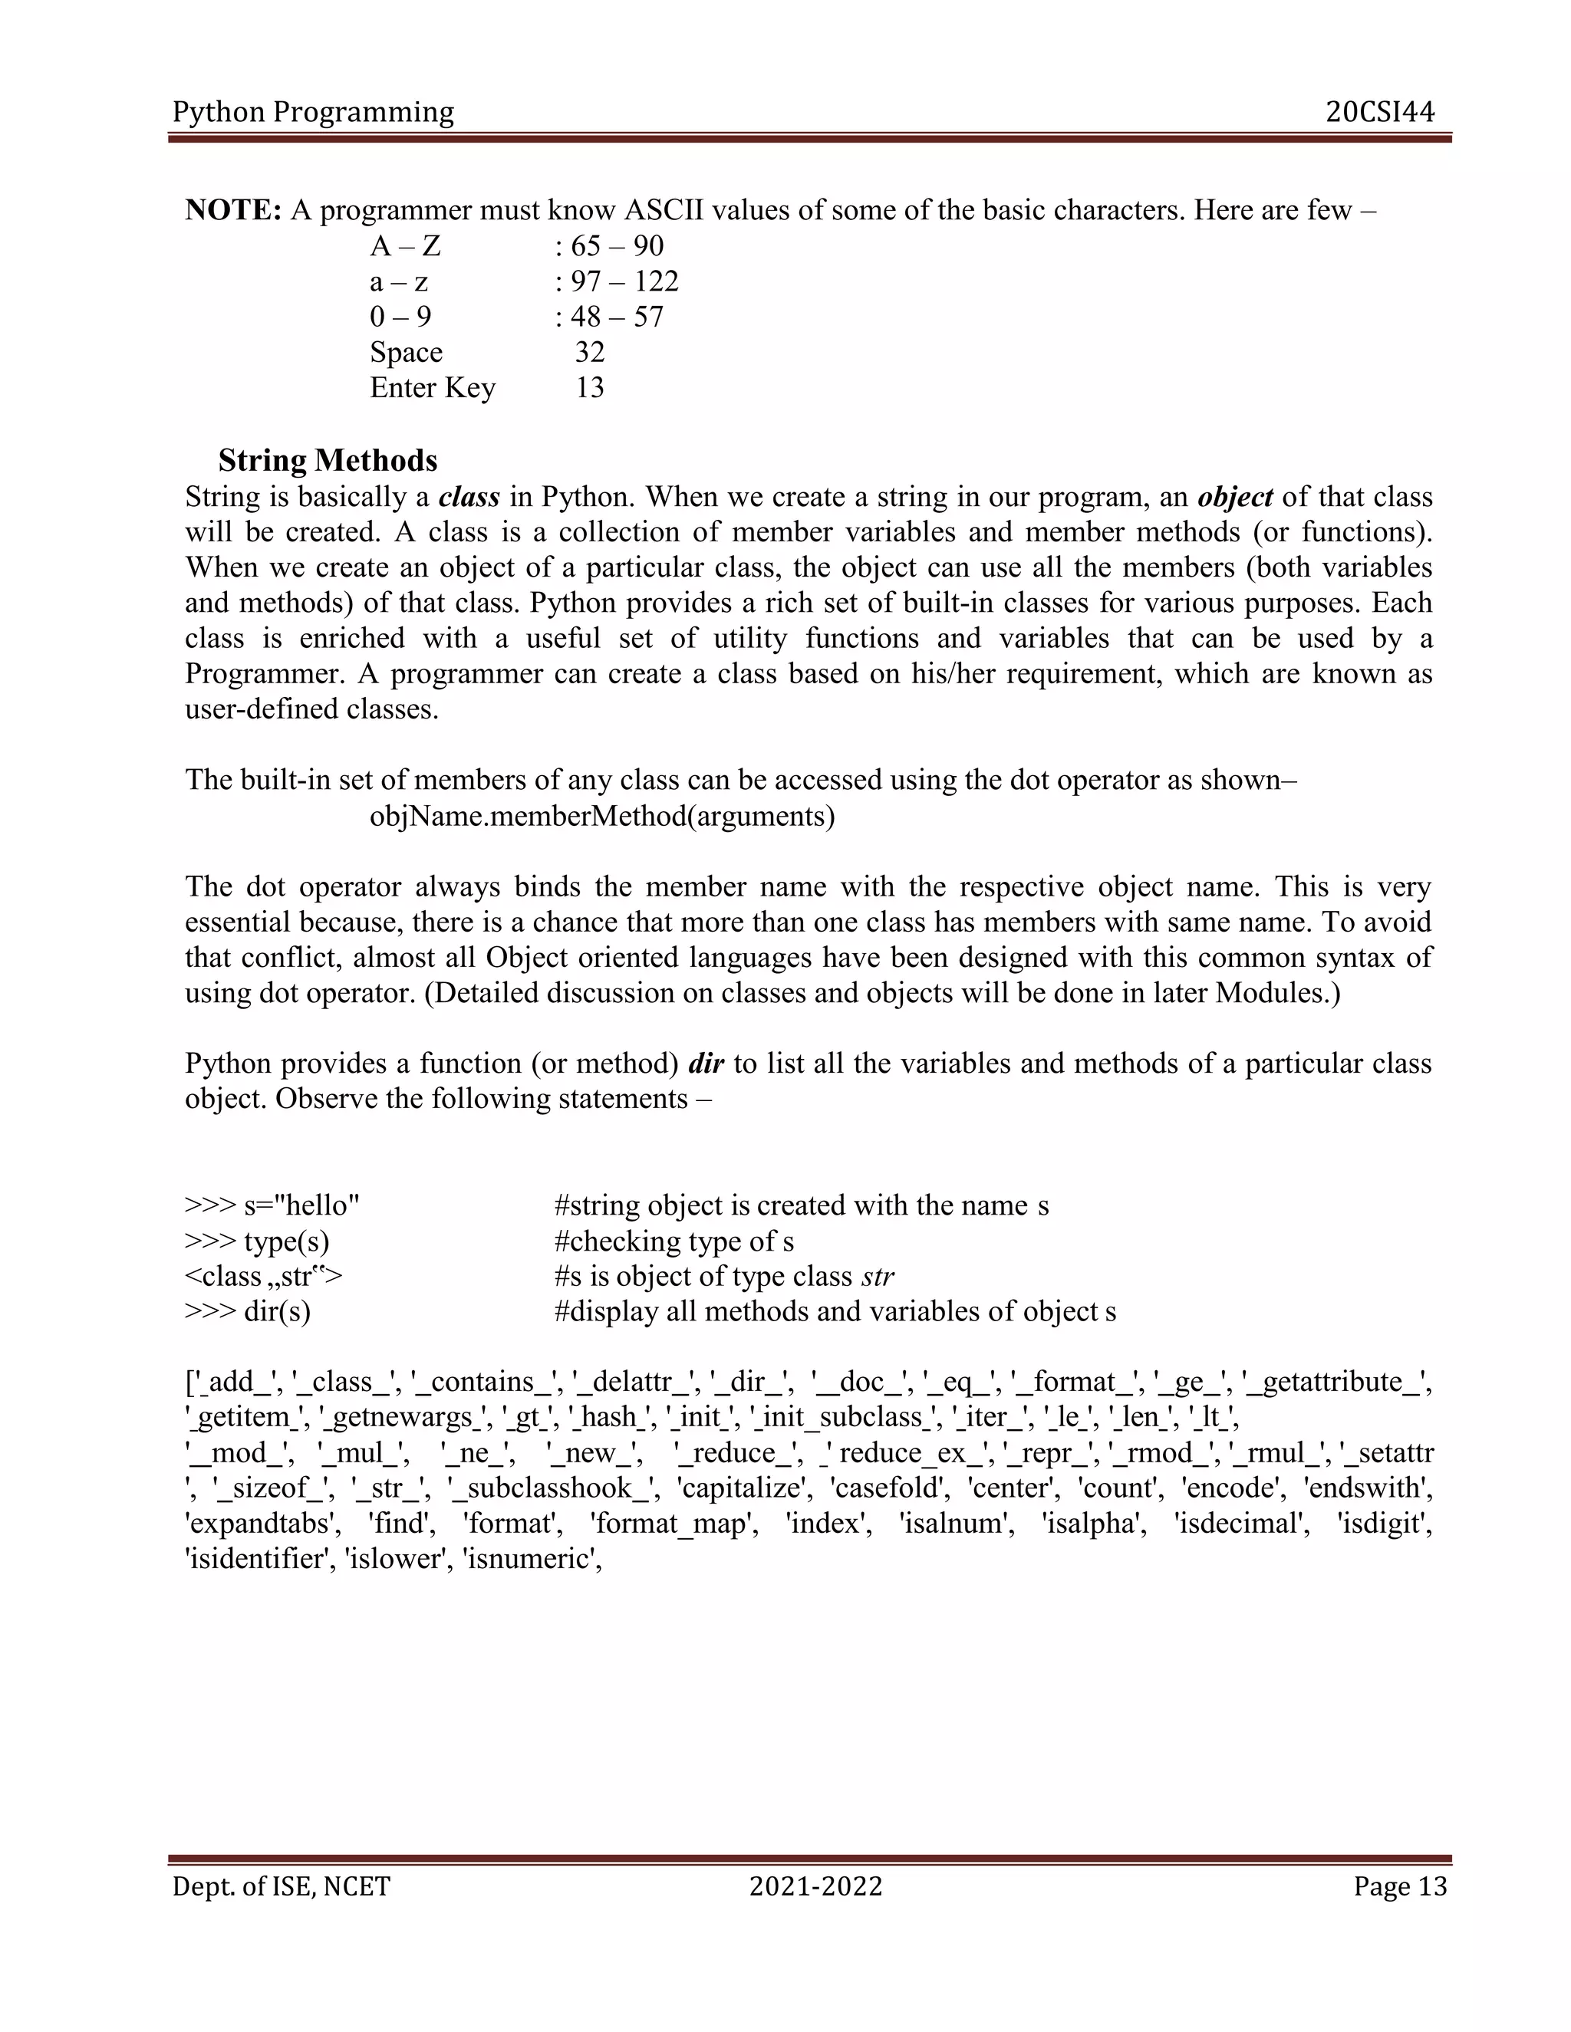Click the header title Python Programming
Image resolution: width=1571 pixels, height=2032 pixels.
314,113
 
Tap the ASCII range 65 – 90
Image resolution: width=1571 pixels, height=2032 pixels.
616,247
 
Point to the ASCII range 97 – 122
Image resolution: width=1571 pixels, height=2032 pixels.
624,282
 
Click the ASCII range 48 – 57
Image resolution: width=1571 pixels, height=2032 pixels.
616,317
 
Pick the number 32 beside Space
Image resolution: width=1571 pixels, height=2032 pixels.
590,353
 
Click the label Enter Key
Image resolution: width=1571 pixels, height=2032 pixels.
433,388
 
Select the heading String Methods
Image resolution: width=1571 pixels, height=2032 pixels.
328,461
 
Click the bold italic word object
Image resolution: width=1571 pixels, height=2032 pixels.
1235,497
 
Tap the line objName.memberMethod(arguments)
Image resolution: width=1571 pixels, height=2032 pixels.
602,817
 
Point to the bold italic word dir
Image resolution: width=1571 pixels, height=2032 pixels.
706,1064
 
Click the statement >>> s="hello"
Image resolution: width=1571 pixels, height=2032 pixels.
272,1206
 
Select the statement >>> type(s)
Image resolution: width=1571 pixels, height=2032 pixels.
257,1241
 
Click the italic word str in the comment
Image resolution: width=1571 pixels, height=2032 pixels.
878,1277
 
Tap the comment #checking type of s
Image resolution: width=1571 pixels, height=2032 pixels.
674,1241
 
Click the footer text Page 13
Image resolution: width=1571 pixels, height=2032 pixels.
1400,1887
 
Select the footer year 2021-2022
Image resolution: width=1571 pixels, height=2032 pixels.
815,1887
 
